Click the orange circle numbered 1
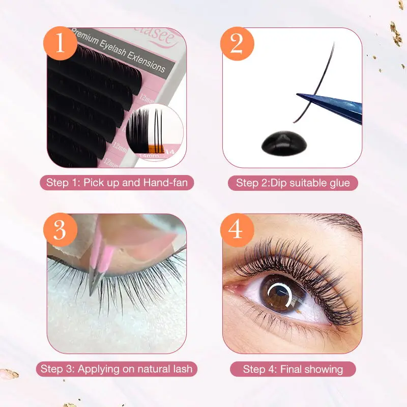click(60, 44)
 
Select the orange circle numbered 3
click(60, 230)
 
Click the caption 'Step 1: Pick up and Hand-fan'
click(117, 182)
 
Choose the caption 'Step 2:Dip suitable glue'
click(293, 183)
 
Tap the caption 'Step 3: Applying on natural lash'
click(117, 369)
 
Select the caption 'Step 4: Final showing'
click(293, 369)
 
